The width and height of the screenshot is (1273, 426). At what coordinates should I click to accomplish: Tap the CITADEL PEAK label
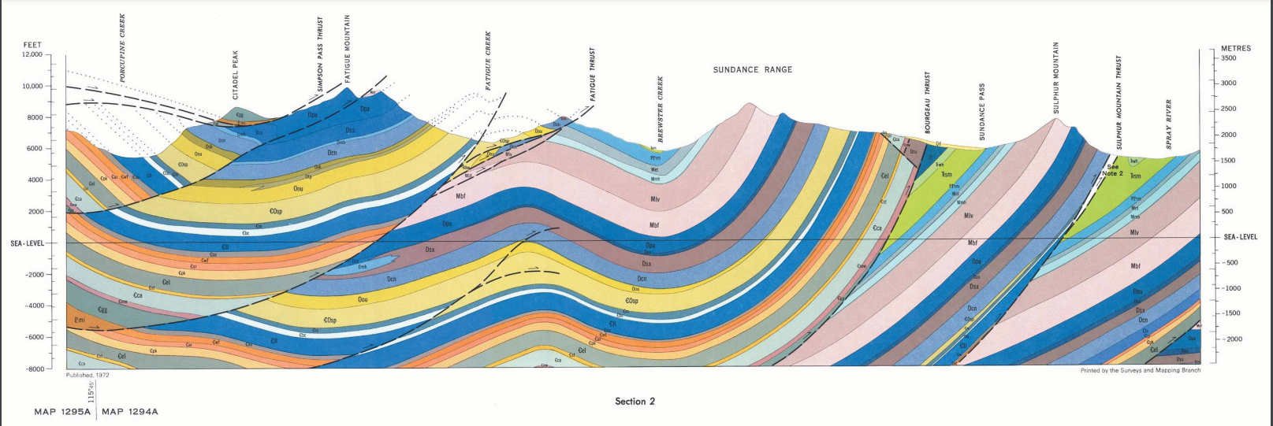click(236, 76)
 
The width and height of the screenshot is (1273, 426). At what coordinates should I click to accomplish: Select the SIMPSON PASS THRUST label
click(320, 55)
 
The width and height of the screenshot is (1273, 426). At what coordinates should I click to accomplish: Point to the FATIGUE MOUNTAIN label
click(347, 49)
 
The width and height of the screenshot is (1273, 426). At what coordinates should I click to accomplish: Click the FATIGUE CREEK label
click(489, 61)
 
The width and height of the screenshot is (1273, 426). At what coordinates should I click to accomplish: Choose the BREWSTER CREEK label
click(661, 109)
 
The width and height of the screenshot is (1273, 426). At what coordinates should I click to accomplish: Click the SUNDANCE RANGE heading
click(753, 70)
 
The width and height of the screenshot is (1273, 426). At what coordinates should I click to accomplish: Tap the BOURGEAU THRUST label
click(928, 102)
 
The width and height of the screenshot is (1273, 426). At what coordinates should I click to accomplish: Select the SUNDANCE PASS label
click(982, 112)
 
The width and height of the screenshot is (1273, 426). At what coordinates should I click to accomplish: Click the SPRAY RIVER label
click(1169, 124)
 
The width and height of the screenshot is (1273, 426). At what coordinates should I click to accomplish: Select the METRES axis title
click(1235, 49)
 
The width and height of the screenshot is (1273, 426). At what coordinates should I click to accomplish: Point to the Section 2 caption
click(635, 402)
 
